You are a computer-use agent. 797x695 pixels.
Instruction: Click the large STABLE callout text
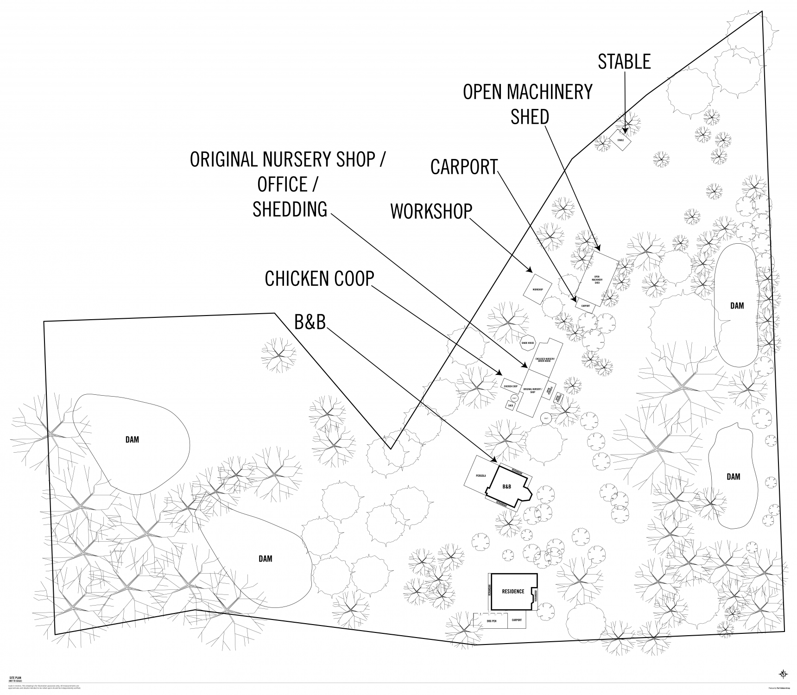click(x=624, y=62)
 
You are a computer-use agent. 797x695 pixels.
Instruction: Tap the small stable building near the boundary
click(x=620, y=139)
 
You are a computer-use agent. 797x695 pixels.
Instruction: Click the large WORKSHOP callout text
click(x=431, y=211)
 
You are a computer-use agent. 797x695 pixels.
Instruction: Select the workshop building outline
click(x=538, y=289)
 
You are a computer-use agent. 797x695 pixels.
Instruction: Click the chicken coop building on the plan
click(x=511, y=385)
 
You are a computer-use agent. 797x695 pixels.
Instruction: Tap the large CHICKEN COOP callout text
click(x=319, y=279)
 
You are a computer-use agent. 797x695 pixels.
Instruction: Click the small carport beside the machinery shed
click(x=585, y=306)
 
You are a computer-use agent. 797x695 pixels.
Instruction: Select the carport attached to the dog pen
click(x=517, y=620)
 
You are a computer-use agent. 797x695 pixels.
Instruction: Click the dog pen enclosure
click(x=491, y=620)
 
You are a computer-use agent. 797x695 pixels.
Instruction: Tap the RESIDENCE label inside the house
click(x=513, y=591)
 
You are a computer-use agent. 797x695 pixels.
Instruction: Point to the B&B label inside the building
click(x=506, y=487)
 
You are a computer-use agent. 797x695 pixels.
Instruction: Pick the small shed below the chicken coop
click(x=511, y=405)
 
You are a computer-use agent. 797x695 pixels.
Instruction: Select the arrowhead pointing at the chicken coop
click(x=500, y=374)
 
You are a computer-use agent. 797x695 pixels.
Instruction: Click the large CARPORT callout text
click(x=463, y=167)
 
